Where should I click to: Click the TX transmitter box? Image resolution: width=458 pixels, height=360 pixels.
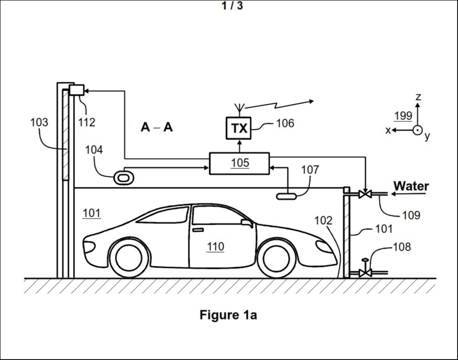coord(239,128)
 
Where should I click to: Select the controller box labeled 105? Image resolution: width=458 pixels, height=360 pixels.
coord(239,163)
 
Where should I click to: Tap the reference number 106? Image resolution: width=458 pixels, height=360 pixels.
coord(285,123)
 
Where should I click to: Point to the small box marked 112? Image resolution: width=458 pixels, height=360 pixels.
coord(76,90)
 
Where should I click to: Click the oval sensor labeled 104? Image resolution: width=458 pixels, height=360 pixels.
coord(124,177)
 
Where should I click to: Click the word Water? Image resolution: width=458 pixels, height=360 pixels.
coord(411,186)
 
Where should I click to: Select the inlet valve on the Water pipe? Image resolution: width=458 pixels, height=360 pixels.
coord(365,194)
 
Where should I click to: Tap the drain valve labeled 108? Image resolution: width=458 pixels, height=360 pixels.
coord(365,272)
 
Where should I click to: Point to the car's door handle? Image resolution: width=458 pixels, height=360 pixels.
coord(198,230)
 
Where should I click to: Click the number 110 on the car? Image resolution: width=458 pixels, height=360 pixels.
coord(215,247)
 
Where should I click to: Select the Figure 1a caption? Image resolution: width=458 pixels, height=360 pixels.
coord(228,315)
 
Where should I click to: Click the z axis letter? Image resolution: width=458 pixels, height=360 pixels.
coord(418,97)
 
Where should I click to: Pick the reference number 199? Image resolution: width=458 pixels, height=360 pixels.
coord(403,116)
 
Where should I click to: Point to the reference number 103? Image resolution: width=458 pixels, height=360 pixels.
coord(39,122)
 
